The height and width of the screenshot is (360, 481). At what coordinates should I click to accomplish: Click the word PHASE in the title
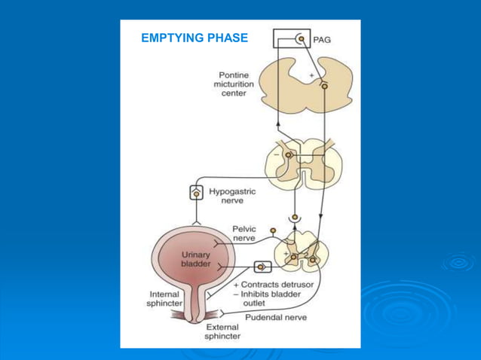tap(228, 38)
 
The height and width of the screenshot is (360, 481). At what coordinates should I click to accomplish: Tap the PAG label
tap(322, 38)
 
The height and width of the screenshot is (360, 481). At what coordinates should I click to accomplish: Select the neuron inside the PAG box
tap(301, 38)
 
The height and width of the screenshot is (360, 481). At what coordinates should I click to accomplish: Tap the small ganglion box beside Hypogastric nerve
tap(196, 193)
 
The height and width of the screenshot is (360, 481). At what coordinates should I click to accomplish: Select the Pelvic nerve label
tap(244, 233)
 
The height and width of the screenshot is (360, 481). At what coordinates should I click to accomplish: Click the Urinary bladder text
tap(196, 260)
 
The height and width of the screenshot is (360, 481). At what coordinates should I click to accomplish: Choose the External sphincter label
tap(223, 332)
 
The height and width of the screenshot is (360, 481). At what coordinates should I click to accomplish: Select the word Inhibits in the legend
tap(259, 294)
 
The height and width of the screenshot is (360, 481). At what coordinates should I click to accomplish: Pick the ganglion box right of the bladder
tap(262, 267)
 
